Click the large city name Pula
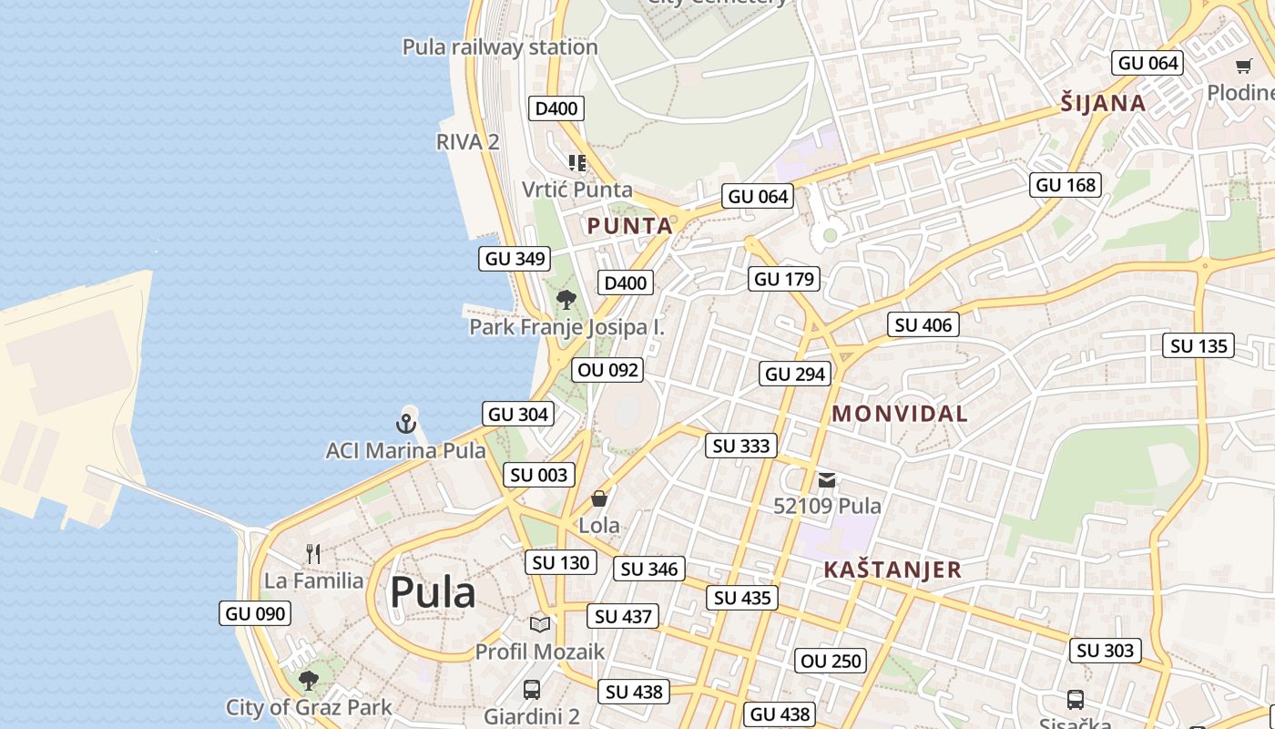point(433,593)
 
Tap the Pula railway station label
point(500,46)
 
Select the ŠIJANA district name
point(1103,103)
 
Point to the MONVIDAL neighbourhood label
point(900,414)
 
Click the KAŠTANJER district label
point(892,570)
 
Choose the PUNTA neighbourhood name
point(630,226)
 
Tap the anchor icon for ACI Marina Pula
point(406,423)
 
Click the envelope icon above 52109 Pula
point(827,480)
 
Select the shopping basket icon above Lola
point(599,498)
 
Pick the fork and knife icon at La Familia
point(313,553)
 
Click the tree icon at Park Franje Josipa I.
point(566,299)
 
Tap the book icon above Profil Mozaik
point(540,624)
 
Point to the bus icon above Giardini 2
point(532,690)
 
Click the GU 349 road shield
point(515,258)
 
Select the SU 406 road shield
point(923,324)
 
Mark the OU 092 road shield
point(608,370)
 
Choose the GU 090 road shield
point(256,613)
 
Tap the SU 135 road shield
point(1199,345)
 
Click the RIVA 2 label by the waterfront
point(468,141)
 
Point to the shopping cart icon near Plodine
point(1244,66)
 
